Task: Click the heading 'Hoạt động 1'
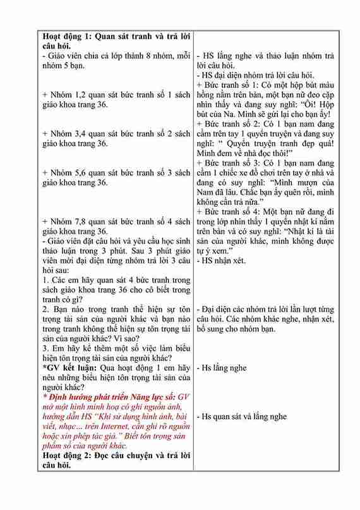[x=69, y=36]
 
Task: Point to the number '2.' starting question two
[x=46, y=310]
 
